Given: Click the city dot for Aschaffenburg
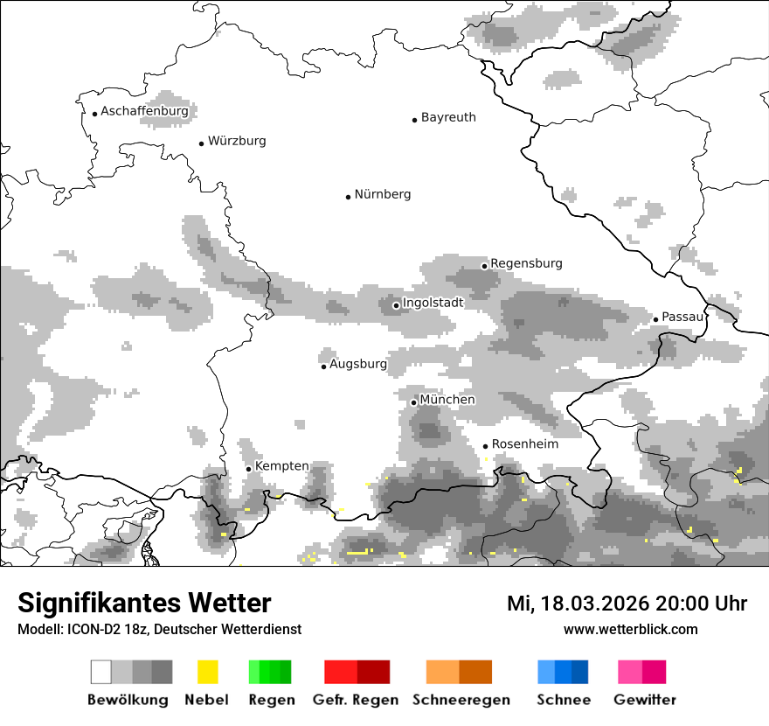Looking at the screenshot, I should (x=94, y=114).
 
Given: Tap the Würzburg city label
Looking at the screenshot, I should (x=237, y=141).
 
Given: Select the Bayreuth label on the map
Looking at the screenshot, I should (x=448, y=117).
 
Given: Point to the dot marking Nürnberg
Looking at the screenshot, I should (x=348, y=197).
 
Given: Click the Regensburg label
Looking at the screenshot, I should (x=526, y=263).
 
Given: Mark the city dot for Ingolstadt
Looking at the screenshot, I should (x=396, y=305).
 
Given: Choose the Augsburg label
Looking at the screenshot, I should (x=357, y=364).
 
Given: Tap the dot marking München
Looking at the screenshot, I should (x=414, y=402).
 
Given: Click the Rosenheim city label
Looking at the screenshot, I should (x=524, y=444).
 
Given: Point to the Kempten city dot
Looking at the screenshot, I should (x=248, y=469).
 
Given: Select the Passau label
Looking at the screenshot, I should (x=682, y=317).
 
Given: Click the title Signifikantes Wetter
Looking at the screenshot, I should (x=144, y=603).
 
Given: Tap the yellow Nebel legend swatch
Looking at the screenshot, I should (x=207, y=672).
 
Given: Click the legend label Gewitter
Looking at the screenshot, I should (x=645, y=700).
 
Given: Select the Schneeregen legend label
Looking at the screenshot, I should (x=461, y=700).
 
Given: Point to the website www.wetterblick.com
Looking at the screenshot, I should (x=630, y=629).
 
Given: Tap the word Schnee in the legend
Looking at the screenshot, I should (x=564, y=700).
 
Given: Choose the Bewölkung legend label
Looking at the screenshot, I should (x=128, y=700).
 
